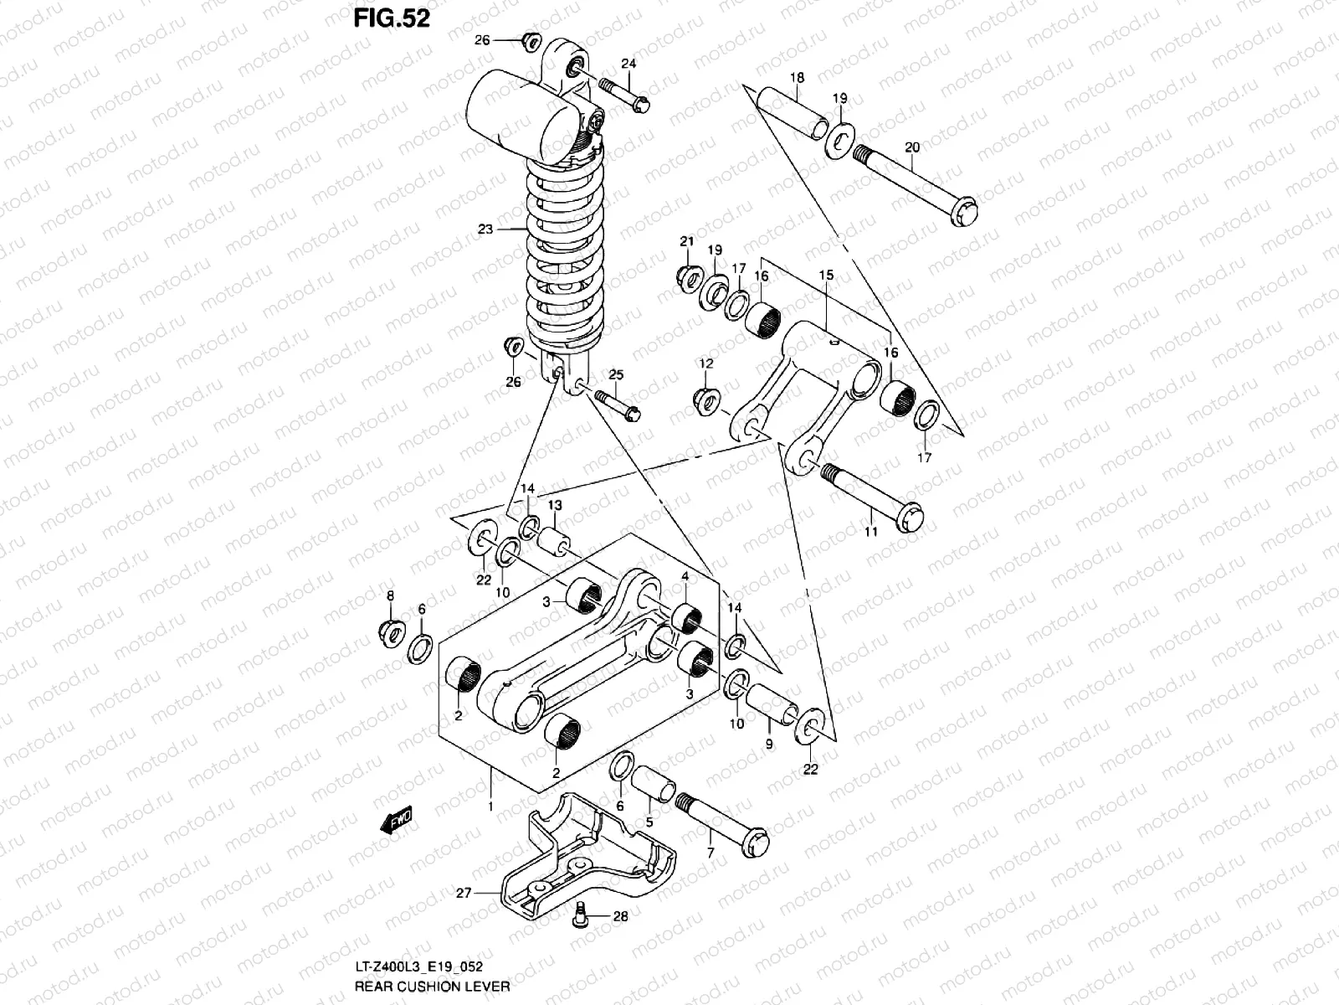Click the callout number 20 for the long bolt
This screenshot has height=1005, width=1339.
coord(912,147)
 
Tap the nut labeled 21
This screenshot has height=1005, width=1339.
coord(689,277)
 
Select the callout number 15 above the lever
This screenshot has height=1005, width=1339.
coord(825,276)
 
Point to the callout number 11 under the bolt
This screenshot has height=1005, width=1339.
coord(870,532)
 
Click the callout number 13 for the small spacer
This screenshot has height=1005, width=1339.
coord(555,505)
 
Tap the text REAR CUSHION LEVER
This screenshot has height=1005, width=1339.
coord(432,987)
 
